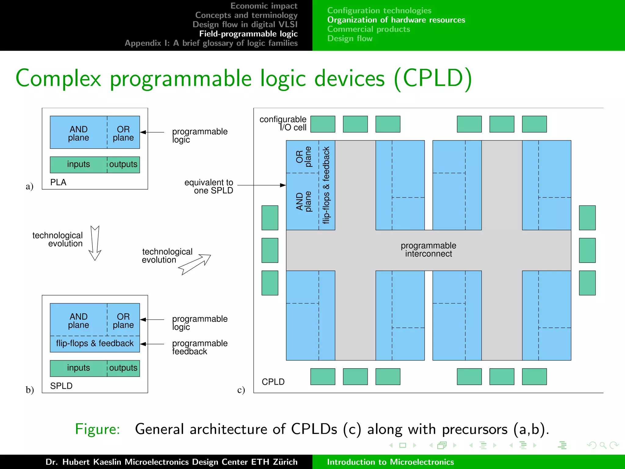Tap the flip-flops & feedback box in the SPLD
pyautogui.click(x=95, y=344)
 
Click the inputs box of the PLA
pyautogui.click(x=78, y=164)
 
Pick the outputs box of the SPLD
pyautogui.click(x=123, y=368)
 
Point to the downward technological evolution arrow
pyautogui.click(x=95, y=243)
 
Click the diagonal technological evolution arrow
pyautogui.click(x=195, y=264)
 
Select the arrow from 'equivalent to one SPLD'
pyautogui.click(x=261, y=185)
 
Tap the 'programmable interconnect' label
pyautogui.click(x=428, y=250)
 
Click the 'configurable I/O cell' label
pyautogui.click(x=283, y=123)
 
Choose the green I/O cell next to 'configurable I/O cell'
pyautogui.click(x=323, y=124)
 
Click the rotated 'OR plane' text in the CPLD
pyautogui.click(x=303, y=157)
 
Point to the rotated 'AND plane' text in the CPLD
pyautogui.click(x=303, y=202)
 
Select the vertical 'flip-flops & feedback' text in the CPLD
pyautogui.click(x=326, y=185)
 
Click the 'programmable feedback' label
pyautogui.click(x=200, y=347)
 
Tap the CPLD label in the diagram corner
pyautogui.click(x=273, y=382)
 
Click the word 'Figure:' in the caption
pyautogui.click(x=97, y=429)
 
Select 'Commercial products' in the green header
pyautogui.click(x=368, y=29)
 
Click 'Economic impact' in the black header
pyautogui.click(x=264, y=6)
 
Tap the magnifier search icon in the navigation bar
pyautogui.click(x=603, y=445)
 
